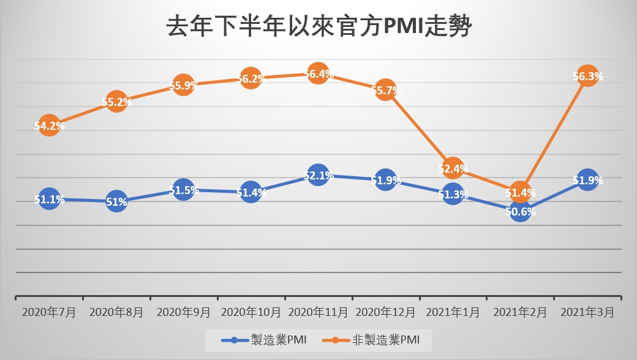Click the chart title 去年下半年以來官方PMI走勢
pyautogui.click(x=318, y=27)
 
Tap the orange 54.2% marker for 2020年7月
pyautogui.click(x=49, y=126)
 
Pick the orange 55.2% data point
pyautogui.click(x=116, y=102)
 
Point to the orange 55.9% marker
pyautogui.click(x=184, y=85)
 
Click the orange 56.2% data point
pyautogui.click(x=251, y=78)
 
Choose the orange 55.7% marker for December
pyautogui.click(x=385, y=90)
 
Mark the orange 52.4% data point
pyautogui.click(x=453, y=168)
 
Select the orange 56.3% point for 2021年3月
pyautogui.click(x=587, y=76)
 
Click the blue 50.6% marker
pyautogui.click(x=520, y=211)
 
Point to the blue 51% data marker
pyautogui.click(x=116, y=201)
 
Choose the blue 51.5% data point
pyautogui.click(x=184, y=190)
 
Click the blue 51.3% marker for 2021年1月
pyautogui.click(x=453, y=194)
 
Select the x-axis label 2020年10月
pyautogui.click(x=251, y=312)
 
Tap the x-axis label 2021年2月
pyautogui.click(x=520, y=312)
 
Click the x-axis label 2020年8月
pyautogui.click(x=116, y=312)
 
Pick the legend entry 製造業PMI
pyautogui.click(x=264, y=339)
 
